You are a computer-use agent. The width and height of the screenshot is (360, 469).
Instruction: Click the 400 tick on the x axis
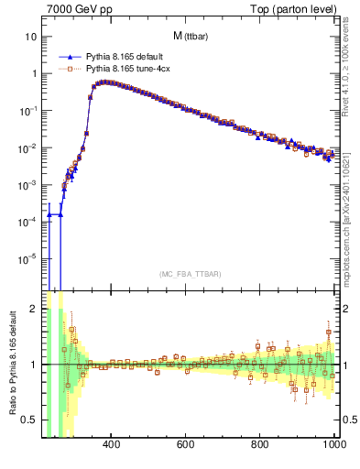112,445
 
